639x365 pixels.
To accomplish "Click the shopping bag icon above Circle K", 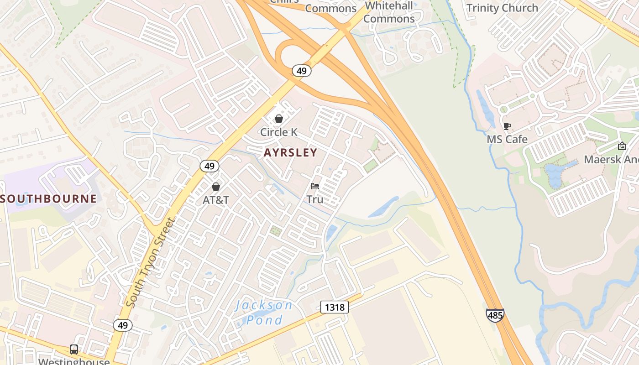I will pos(278,119).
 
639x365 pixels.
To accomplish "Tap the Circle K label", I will pos(278,132).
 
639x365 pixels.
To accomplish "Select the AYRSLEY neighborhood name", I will pos(290,153).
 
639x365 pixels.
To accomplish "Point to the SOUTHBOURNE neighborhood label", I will pos(48,199).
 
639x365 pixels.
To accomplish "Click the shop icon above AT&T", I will pos(216,187).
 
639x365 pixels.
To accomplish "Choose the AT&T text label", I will pos(216,200).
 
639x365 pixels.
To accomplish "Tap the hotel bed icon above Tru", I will pos(315,186).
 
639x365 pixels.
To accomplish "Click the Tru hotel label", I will pos(315,199).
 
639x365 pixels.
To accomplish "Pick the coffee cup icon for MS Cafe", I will pos(507,126).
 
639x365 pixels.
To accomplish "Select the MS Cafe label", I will pos(507,139).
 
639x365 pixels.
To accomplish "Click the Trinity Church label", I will pos(502,8).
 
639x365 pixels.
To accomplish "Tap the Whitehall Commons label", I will pos(389,12).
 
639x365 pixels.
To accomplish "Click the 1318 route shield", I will pos(334,308).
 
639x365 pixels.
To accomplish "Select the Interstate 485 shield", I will pos(495,315).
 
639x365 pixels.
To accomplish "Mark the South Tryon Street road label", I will pos(150,262).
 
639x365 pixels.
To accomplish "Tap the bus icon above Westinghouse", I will pos(74,349).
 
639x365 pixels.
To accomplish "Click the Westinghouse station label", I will pos(74,361).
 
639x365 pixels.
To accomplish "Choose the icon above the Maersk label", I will pos(622,146).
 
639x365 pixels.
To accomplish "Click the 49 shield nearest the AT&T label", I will pos(210,166).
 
